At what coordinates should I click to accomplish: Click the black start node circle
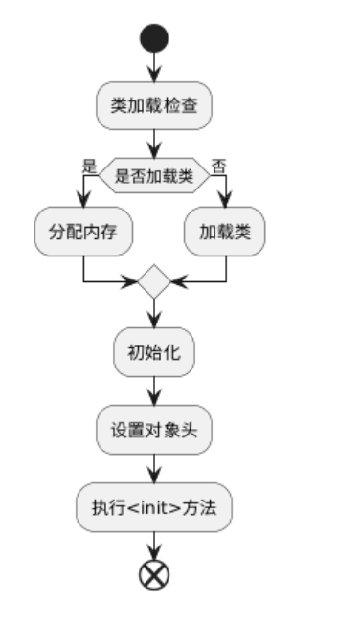[153, 38]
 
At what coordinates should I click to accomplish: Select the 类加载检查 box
[153, 106]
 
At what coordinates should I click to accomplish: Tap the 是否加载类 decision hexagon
[153, 174]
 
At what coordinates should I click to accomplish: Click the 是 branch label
[90, 166]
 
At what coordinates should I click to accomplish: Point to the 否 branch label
[218, 166]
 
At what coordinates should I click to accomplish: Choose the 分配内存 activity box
[84, 233]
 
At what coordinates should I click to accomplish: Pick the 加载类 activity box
[225, 233]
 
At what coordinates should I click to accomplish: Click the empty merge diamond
[153, 282]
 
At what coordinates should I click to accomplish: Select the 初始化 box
[153, 351]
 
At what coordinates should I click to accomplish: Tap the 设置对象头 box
[153, 430]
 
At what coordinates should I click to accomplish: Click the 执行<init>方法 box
[153, 507]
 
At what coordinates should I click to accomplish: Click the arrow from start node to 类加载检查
[153, 68]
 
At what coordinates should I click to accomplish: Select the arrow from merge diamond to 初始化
[153, 313]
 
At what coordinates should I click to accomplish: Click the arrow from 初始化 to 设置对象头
[153, 390]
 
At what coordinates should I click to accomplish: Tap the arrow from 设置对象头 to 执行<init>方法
[153, 469]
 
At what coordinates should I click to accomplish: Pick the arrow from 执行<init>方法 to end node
[153, 544]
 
